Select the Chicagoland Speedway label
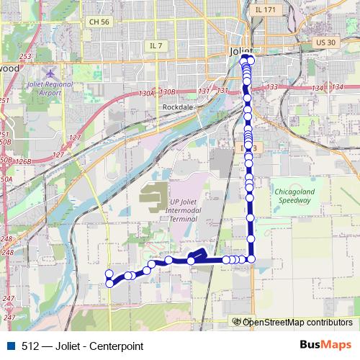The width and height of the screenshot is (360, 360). (x=296, y=197)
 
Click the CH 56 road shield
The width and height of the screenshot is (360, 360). (x=99, y=22)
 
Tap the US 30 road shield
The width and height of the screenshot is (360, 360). (x=325, y=43)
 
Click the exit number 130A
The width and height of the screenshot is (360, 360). (x=148, y=93)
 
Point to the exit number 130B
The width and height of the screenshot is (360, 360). (x=168, y=92)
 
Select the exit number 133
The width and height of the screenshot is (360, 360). (x=271, y=87)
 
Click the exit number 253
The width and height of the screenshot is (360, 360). (x=25, y=56)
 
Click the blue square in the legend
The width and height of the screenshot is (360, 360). (x=12, y=346)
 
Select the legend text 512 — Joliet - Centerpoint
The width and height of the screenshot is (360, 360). (x=82, y=346)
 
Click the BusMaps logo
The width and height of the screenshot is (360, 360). (x=325, y=345)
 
